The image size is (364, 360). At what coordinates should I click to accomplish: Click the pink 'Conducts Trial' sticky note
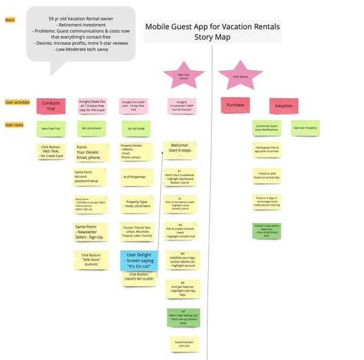[51, 106]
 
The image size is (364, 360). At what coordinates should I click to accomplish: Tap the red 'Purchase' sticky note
[235, 105]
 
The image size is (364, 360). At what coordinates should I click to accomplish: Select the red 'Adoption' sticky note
[283, 106]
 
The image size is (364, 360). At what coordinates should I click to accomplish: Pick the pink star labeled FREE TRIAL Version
[183, 76]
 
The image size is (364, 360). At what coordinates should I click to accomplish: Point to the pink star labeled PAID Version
[240, 76]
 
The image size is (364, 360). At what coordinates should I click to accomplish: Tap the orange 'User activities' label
[18, 102]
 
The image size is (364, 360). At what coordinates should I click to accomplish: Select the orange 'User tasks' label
[15, 125]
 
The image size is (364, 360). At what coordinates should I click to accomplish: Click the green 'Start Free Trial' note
[51, 128]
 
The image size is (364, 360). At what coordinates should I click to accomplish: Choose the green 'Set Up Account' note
[92, 128]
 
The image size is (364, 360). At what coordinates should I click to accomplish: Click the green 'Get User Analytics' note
[305, 128]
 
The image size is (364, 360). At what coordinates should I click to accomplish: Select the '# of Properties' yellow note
[136, 177]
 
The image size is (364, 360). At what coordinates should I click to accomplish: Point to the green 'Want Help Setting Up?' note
[183, 318]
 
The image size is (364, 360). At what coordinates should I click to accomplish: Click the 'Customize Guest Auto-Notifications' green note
[267, 128]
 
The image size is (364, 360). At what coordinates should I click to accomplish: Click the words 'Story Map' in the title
[212, 38]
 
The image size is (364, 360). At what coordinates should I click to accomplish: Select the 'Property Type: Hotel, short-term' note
[136, 204]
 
